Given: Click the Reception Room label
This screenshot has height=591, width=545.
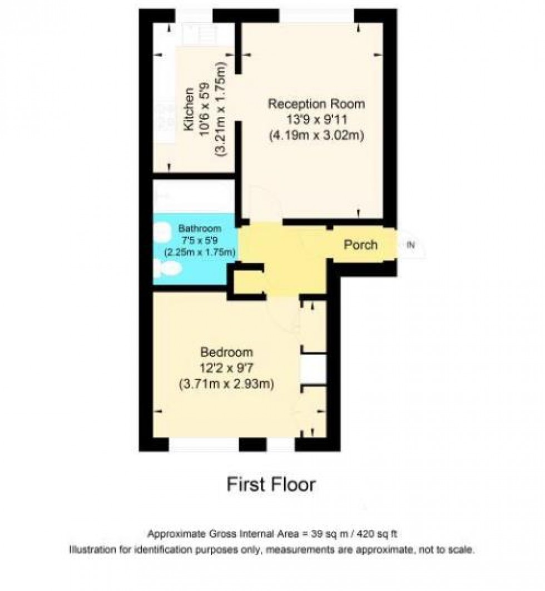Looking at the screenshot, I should point(316,104).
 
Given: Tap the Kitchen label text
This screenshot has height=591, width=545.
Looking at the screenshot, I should point(189,109).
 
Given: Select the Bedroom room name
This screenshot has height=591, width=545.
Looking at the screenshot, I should point(226,353).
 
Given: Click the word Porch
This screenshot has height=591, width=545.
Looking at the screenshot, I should point(360,245).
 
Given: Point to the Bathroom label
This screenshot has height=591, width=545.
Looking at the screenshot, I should point(199,229).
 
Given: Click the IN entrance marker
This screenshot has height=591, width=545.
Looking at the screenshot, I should point(411,245).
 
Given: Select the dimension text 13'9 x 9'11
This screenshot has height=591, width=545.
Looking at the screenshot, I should point(316,120).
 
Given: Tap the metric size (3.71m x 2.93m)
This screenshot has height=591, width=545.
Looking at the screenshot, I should point(226,384).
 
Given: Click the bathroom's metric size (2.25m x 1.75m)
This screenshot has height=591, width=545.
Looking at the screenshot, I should point(199,252).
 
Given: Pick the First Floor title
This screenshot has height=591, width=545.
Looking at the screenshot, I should point(271,484).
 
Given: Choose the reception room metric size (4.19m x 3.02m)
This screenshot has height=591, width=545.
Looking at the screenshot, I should point(316,135).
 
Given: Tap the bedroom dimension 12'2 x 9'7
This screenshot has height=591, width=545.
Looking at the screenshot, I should point(226,368).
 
